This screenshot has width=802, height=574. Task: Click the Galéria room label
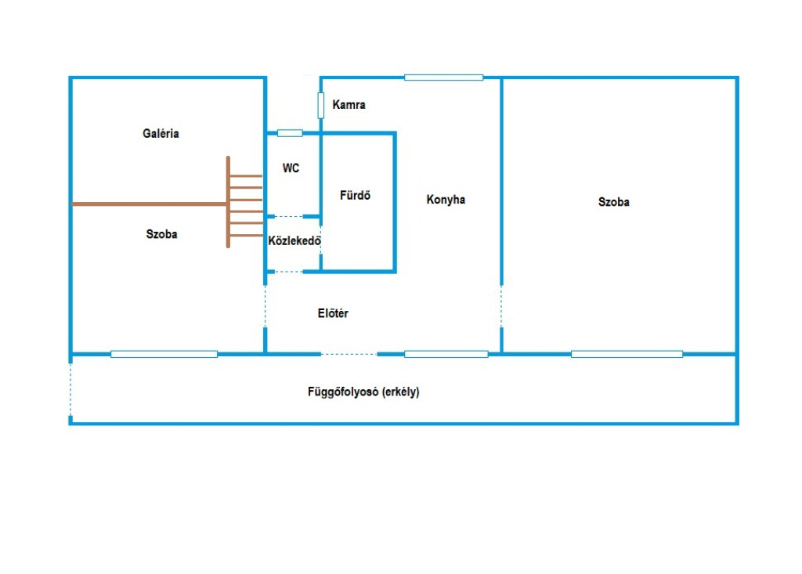coord(161,134)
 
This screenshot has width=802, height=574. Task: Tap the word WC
coord(291,168)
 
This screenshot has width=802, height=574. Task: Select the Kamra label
coord(349,105)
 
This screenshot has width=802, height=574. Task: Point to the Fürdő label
coord(355,195)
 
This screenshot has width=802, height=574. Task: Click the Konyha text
coord(446,200)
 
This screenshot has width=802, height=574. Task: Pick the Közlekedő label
coord(294,241)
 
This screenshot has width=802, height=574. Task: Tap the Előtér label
coord(333,314)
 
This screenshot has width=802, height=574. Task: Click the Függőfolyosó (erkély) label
coord(363,392)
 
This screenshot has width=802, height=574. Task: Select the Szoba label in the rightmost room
coord(613,202)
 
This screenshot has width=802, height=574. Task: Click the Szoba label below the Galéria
coord(161,234)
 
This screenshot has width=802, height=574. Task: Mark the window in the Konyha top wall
coord(443,77)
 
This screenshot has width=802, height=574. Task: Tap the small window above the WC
coord(290,133)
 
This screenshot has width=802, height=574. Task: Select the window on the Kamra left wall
coord(320,105)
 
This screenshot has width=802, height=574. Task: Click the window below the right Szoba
coord(627,354)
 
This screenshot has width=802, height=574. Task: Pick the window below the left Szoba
coord(164,354)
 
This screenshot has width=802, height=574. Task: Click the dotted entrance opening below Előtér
coord(349,354)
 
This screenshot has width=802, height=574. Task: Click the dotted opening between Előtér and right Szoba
coord(501,306)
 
